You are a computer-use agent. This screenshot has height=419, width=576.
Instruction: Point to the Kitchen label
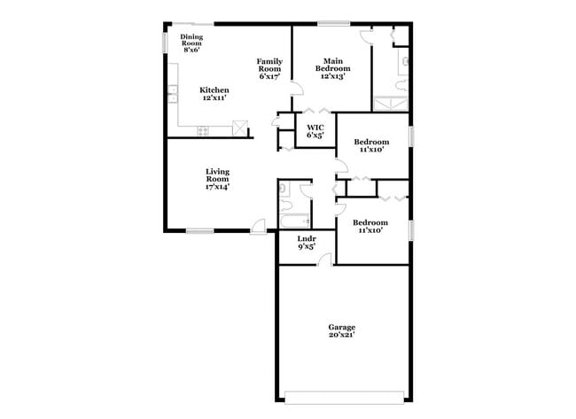coord(214,89)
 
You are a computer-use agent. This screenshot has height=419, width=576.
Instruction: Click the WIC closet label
coord(315,128)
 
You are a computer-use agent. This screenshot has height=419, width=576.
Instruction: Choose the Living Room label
coord(217,176)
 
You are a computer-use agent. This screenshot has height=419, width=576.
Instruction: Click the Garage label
coord(341,327)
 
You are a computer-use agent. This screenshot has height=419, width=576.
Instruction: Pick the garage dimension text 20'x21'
coord(341,337)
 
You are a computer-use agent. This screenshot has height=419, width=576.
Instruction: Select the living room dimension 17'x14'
coord(217,187)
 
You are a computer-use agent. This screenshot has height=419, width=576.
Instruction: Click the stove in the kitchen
coord(203,130)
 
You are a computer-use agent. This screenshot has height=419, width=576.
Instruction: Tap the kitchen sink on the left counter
coord(169,91)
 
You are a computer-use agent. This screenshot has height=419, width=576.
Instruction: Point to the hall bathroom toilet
coord(284,189)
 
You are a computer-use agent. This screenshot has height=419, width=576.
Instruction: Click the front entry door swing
coord(259,227)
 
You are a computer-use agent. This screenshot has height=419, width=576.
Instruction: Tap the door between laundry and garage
coord(325,259)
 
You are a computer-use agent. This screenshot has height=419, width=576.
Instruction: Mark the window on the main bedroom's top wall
coord(332,23)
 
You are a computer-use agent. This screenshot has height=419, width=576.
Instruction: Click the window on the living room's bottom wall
coord(199,231)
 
